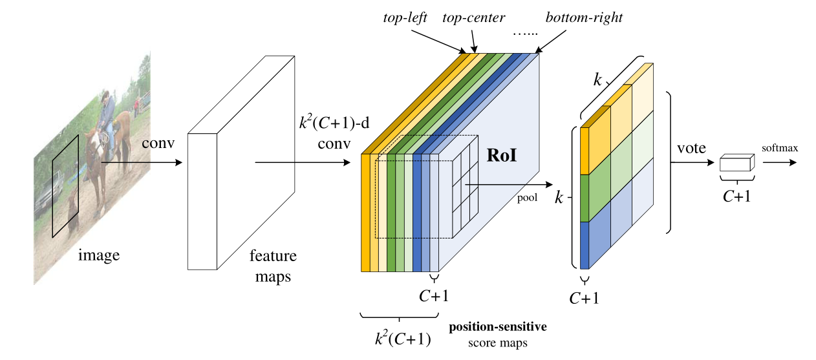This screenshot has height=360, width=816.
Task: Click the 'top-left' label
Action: coord(405,17)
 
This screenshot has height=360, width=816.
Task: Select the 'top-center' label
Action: coord(473,18)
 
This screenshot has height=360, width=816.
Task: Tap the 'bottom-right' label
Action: coord(584,17)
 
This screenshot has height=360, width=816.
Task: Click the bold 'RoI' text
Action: coord(502,155)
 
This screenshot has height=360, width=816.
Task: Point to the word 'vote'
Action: coord(691,148)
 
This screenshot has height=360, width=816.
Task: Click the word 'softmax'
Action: coord(780,148)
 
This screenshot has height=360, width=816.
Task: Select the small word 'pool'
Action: coord(527,198)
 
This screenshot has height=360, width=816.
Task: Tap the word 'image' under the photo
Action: coord(99,255)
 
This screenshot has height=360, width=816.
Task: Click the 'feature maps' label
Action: coord(273,266)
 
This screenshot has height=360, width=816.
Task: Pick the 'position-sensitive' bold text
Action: coord(498,326)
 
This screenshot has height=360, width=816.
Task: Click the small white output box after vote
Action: coord(737,162)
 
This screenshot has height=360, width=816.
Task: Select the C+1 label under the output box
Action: coord(736,196)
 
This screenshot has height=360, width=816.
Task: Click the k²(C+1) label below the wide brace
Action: coord(403,338)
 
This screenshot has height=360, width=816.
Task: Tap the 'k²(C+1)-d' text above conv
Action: coord(334,122)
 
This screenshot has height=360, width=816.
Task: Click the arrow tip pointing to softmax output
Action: coord(797,162)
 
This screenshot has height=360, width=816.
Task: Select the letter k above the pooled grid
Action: coord(597,79)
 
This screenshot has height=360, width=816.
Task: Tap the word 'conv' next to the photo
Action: coord(158,143)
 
